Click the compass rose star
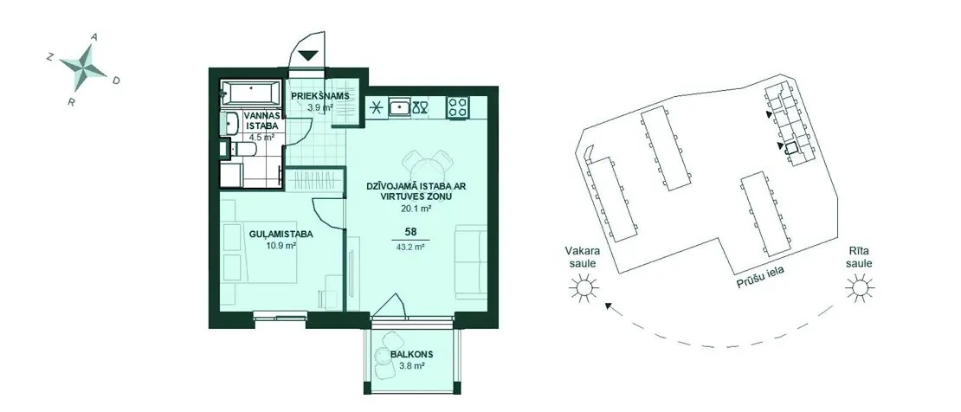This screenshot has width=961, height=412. (x=83, y=68)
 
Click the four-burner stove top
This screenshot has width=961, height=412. (x=458, y=107)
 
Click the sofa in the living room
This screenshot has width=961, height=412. (x=471, y=261)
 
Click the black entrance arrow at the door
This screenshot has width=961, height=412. (x=307, y=55)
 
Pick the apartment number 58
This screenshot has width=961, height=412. (x=410, y=232)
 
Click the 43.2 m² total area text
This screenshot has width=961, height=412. (x=410, y=248)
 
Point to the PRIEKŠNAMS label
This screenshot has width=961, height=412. (x=320, y=96)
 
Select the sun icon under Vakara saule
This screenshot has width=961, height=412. (x=582, y=287)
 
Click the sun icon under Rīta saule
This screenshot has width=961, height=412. (x=859, y=287)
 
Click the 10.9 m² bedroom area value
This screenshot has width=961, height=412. (x=281, y=246)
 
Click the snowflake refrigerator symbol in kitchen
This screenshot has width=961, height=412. (x=376, y=108)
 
